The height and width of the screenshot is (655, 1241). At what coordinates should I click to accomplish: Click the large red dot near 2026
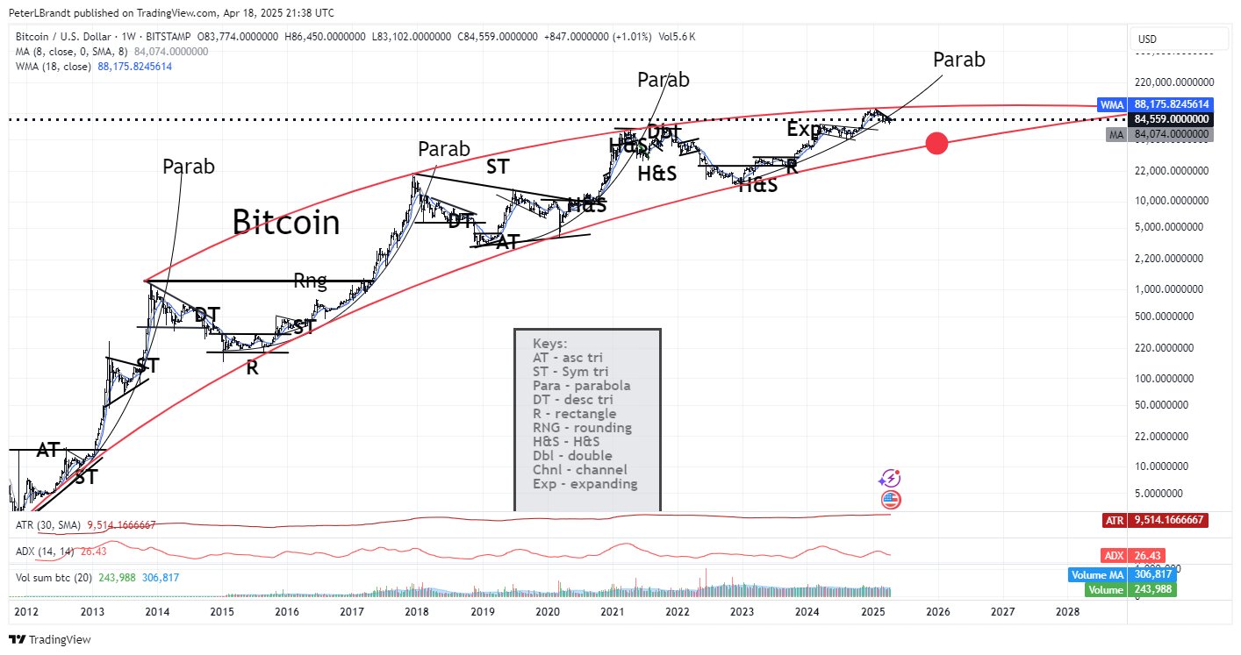[936, 144]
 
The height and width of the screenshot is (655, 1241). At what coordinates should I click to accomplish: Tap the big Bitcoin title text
[286, 223]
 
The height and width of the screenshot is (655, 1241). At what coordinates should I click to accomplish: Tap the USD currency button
[1147, 39]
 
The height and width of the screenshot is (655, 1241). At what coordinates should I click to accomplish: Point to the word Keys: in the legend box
[550, 343]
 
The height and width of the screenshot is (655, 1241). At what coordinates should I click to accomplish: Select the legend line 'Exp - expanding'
[585, 483]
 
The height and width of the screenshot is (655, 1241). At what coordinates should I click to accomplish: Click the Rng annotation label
[310, 281]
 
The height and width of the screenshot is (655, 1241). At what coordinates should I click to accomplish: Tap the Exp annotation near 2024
[803, 130]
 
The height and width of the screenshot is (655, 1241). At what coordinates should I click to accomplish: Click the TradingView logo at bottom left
[49, 639]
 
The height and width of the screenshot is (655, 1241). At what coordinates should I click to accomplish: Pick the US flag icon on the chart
[890, 500]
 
